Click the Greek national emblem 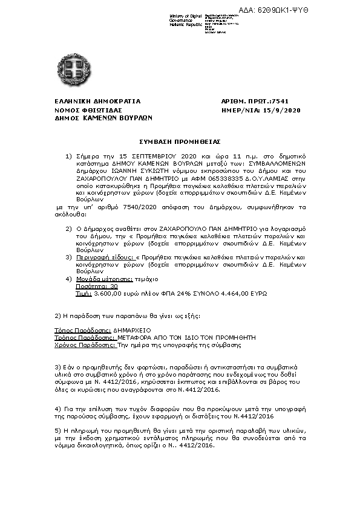click(x=75, y=63)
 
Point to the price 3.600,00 click(x=107, y=293)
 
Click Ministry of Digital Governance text click(x=185, y=18)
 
